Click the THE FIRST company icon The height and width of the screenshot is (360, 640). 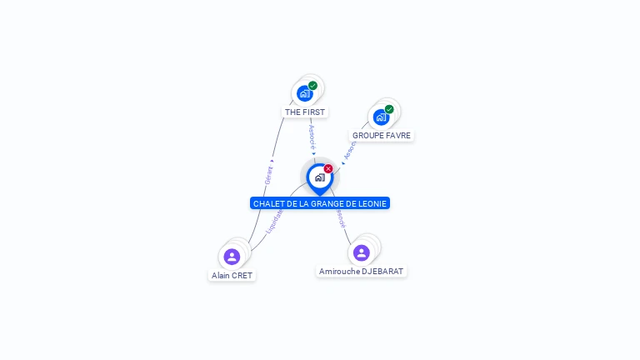click(305, 93)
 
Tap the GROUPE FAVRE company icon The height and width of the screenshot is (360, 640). click(381, 117)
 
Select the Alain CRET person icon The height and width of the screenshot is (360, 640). click(232, 257)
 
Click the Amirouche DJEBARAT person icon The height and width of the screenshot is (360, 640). click(361, 252)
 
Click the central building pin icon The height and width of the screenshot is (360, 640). click(319, 177)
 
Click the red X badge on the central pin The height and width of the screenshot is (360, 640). click(328, 169)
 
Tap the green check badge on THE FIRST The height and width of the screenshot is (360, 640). click(312, 85)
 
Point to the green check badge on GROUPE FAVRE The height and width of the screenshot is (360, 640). click(389, 109)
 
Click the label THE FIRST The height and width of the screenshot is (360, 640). click(305, 112)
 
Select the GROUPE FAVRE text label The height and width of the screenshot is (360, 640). click(382, 135)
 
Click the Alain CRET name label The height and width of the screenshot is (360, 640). click(232, 275)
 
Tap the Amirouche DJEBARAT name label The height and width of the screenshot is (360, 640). click(361, 271)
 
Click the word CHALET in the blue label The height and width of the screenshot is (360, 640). click(268, 203)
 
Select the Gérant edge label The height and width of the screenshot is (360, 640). click(268, 175)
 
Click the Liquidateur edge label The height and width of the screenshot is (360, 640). click(274, 220)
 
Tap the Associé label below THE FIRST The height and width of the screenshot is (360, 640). click(312, 136)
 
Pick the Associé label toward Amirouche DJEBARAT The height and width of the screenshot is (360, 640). click(340, 218)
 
